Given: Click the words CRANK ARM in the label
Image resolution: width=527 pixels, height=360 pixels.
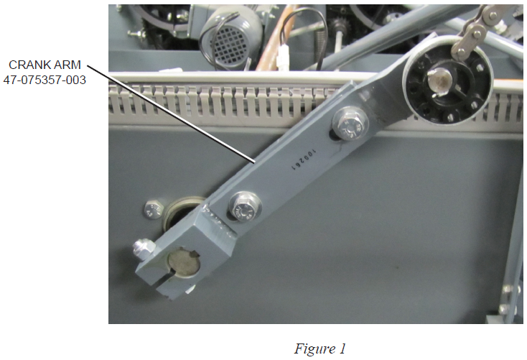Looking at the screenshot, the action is click(45, 65).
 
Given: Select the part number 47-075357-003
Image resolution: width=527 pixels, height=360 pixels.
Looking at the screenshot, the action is click(45, 80).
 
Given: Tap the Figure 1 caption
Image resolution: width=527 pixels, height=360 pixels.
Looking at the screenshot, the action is click(320, 349).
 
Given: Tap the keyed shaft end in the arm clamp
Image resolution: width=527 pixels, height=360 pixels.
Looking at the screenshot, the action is click(184, 262).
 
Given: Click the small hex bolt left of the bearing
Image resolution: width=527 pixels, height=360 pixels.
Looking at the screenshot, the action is click(154, 209).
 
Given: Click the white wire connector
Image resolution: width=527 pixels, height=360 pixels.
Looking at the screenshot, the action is click(284, 57).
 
